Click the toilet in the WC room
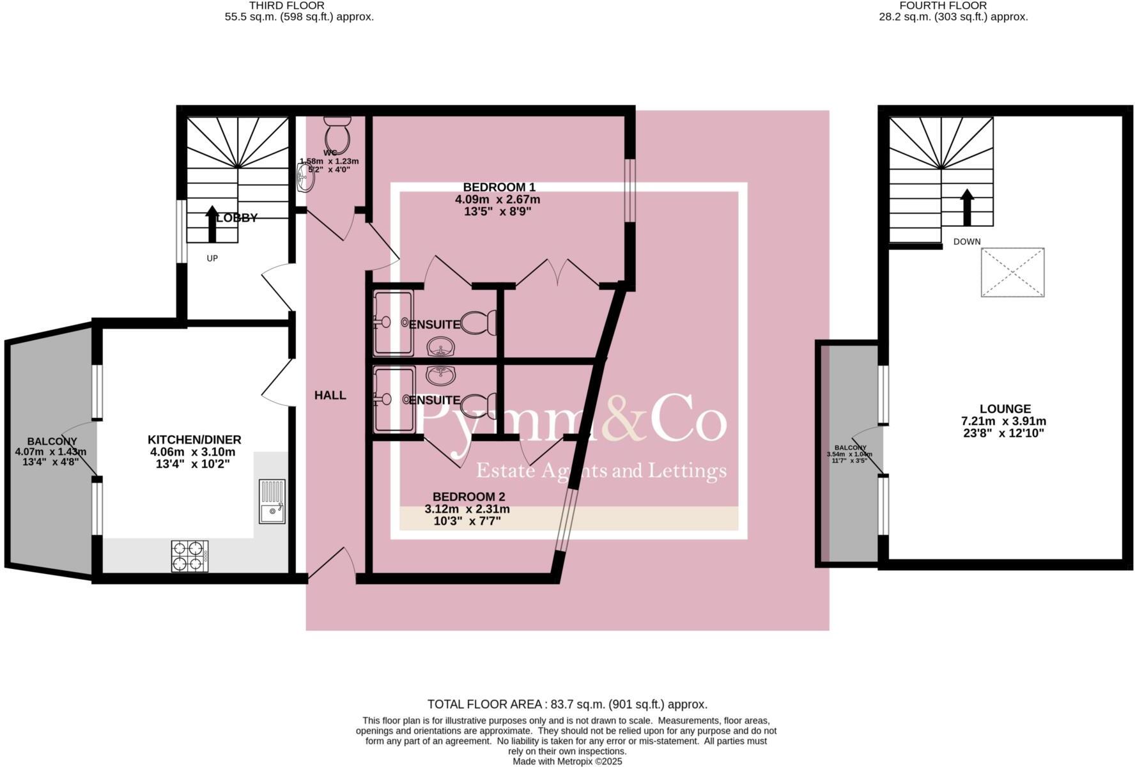(x=337, y=133)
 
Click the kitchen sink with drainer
(x=272, y=502)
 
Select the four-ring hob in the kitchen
(x=190, y=556)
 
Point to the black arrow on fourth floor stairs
(x=967, y=207)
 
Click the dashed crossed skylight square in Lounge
(x=1012, y=272)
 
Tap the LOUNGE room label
(x=1005, y=409)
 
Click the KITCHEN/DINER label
(x=194, y=440)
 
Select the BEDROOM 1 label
(x=498, y=187)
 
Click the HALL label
(x=330, y=396)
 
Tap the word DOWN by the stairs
(x=966, y=242)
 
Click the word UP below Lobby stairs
(x=212, y=258)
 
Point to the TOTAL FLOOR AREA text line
(x=567, y=704)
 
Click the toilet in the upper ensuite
(x=479, y=323)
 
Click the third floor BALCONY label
(x=52, y=441)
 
